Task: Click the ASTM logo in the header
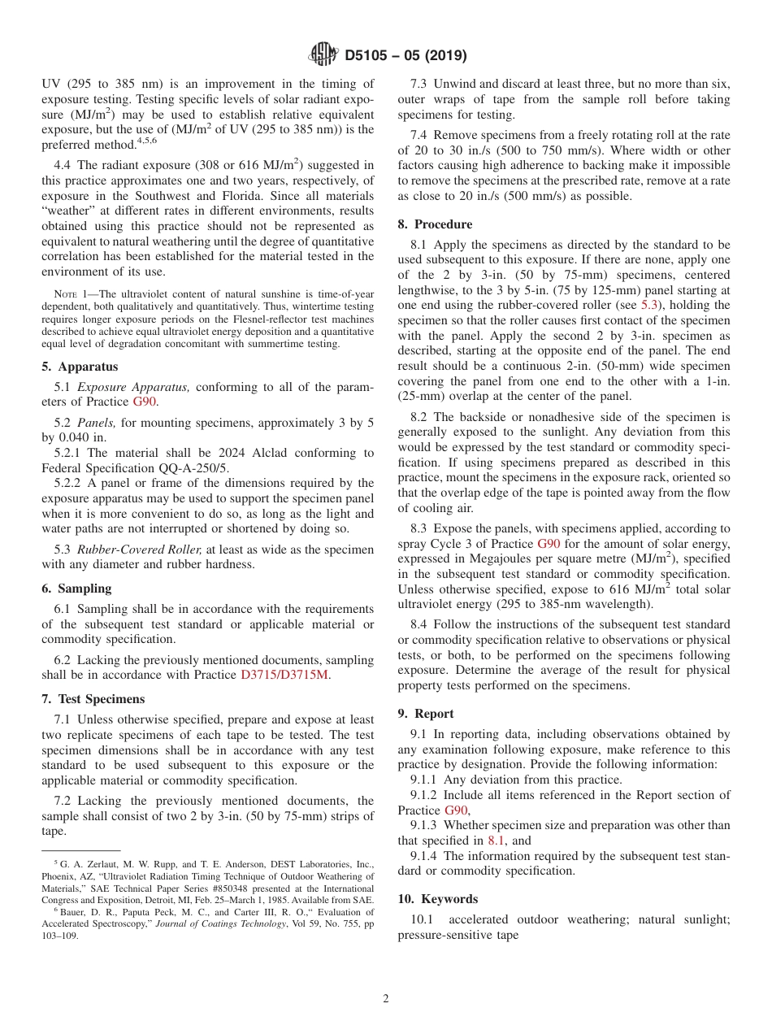point(323,55)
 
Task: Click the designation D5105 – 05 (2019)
point(405,56)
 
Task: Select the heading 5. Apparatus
point(80,367)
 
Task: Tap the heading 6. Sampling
point(77,588)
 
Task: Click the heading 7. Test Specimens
point(93,699)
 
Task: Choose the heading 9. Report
point(426,714)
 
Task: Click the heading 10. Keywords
point(438,899)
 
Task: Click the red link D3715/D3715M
point(284,676)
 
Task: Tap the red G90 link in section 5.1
point(144,402)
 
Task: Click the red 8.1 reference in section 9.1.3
point(496,841)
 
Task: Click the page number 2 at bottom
point(386,999)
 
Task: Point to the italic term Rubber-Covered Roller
point(139,550)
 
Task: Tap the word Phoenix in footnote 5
point(61,876)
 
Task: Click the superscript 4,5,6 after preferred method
point(146,141)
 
